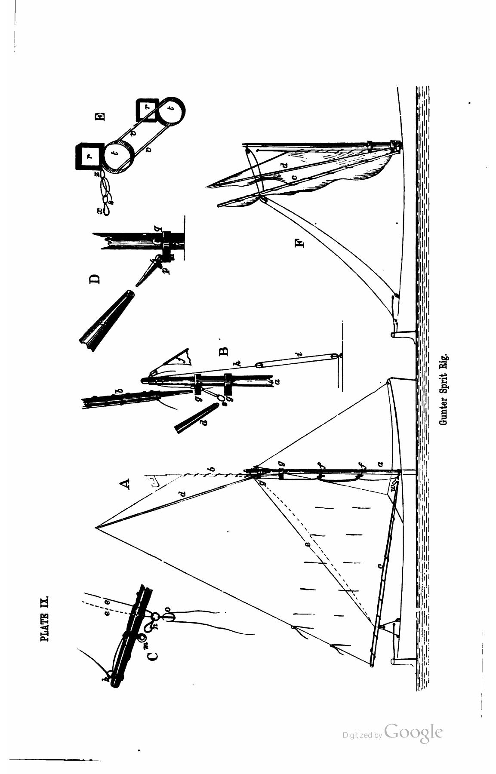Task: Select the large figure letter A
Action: coord(125,484)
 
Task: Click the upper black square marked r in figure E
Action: coord(89,156)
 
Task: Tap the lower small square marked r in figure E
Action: coord(147,110)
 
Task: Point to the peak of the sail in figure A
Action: coord(96,527)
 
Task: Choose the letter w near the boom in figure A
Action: coord(393,487)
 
